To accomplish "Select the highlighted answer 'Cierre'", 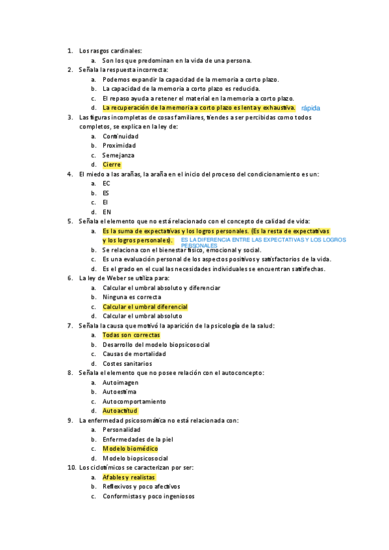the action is (x=112, y=165).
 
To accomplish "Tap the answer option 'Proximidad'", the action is (x=119, y=145).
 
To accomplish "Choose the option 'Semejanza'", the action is (x=119, y=155).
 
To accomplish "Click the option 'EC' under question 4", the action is (x=107, y=184).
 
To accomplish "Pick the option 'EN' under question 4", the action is (x=107, y=212).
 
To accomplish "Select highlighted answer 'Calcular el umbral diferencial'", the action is (x=145, y=307).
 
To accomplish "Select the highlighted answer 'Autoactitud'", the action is (x=120, y=411).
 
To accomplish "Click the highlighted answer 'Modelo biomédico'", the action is (x=130, y=449).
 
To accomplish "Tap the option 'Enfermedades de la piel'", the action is (x=138, y=439).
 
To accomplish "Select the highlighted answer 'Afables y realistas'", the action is (x=129, y=477).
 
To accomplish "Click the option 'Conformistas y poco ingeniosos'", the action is (x=149, y=496).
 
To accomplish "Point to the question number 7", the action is (x=69, y=326).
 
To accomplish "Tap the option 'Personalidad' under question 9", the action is (x=121, y=430).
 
